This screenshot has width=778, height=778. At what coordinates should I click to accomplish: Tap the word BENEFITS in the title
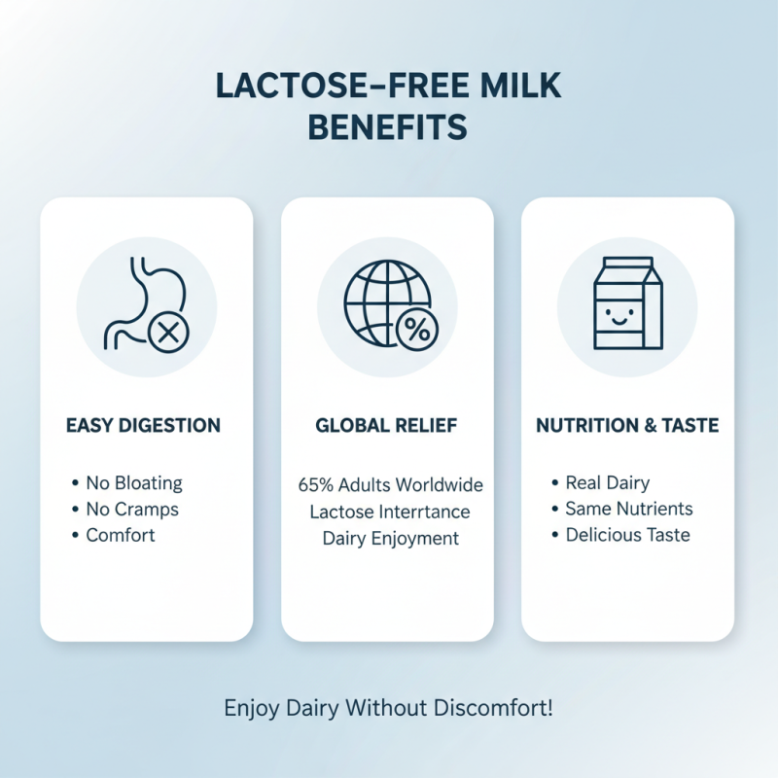[x=389, y=127]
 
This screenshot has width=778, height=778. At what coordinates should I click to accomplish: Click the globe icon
[x=383, y=298]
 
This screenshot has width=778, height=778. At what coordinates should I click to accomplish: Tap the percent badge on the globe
[x=415, y=332]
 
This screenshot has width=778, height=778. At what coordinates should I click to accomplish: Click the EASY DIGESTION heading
[x=143, y=425]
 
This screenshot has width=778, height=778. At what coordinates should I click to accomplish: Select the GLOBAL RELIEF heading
[x=387, y=425]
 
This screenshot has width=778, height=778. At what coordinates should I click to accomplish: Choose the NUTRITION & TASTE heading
[x=627, y=425]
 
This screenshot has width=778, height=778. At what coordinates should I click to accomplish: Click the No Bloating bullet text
[x=134, y=482]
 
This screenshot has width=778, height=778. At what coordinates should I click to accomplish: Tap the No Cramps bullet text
[x=132, y=509]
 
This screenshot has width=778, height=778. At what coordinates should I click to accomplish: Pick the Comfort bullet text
[x=121, y=535]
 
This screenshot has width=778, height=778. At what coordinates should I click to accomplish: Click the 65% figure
[x=315, y=484]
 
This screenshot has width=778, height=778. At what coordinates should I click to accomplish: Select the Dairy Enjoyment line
[x=390, y=538]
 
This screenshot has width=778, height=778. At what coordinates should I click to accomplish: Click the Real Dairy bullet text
[x=608, y=482]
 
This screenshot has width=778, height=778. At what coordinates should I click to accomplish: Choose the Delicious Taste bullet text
[x=628, y=535]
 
